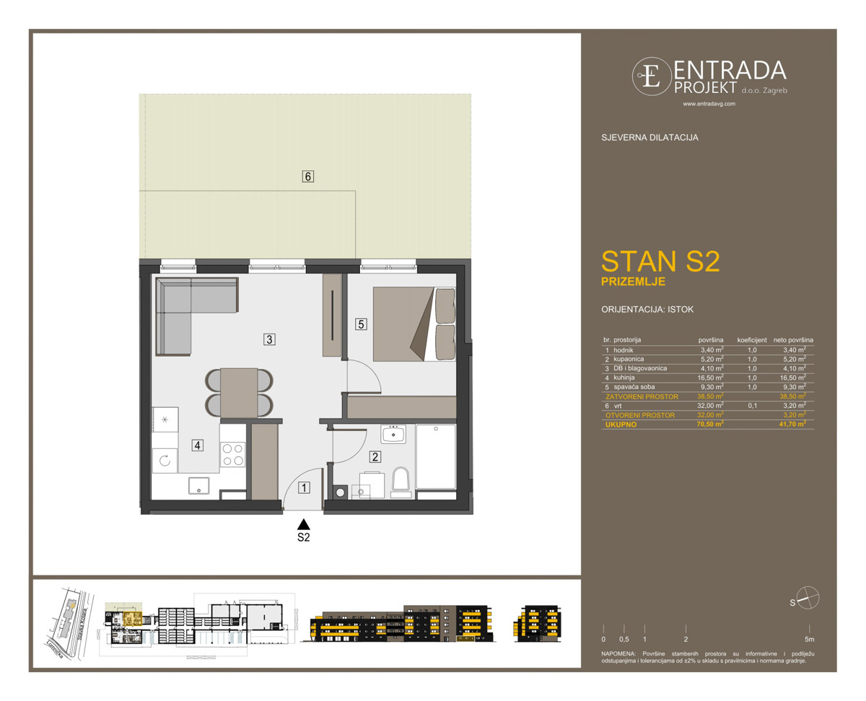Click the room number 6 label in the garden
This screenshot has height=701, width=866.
tap(308, 176)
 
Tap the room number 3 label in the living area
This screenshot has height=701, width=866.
tap(268, 339)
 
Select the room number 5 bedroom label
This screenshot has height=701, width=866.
tap(361, 324)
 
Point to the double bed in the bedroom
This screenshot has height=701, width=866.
tap(414, 323)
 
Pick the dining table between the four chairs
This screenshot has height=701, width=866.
tap(239, 393)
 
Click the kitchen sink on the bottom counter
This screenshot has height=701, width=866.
tap(198, 486)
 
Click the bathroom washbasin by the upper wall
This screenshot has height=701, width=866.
tap(393, 434)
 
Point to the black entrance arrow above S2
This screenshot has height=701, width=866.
tap(304, 525)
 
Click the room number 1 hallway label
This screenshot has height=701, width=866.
tap(305, 488)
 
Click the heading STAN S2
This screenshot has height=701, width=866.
tap(660, 261)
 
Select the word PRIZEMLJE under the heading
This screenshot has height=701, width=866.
tap(633, 282)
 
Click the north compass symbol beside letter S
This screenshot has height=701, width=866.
tap(808, 598)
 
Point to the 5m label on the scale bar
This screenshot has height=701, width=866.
tap(809, 640)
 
